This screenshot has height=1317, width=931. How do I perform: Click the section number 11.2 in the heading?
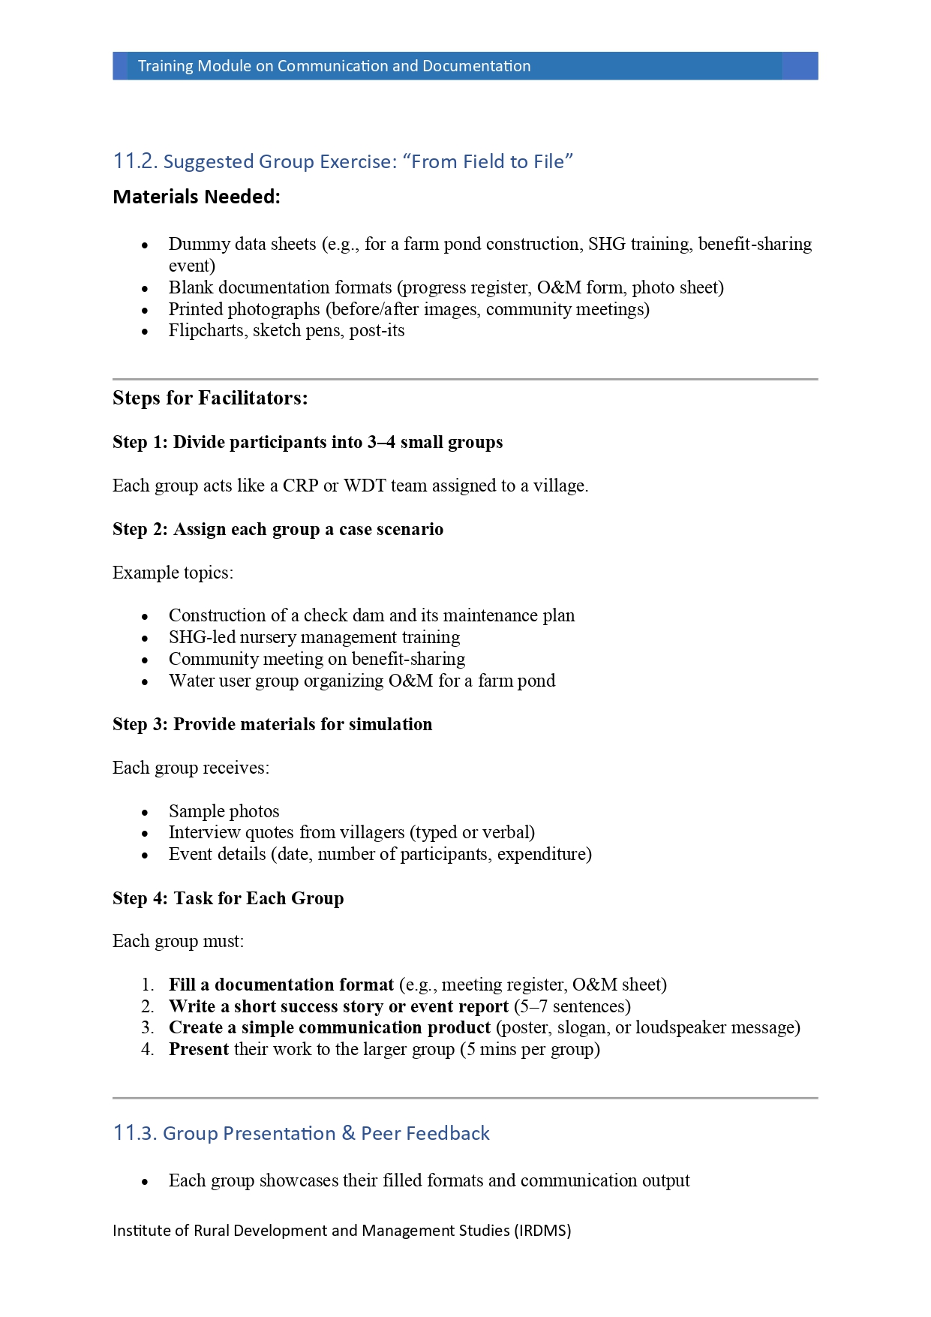pos(135,161)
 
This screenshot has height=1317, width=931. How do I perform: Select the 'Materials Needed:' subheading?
pos(196,197)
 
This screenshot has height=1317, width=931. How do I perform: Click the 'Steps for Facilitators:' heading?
pos(210,398)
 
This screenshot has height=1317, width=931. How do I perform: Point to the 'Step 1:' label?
pos(140,442)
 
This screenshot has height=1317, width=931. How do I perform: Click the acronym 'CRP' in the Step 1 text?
pos(300,486)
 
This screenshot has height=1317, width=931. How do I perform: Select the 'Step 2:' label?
pos(140,529)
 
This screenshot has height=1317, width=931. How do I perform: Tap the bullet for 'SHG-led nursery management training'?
pos(146,639)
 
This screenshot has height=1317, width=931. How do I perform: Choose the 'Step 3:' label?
pos(140,724)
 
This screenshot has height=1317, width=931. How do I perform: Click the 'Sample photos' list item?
pos(224,811)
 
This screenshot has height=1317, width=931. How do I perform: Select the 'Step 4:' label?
pos(140,898)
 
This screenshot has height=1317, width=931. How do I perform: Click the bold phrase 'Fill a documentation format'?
pos(281,985)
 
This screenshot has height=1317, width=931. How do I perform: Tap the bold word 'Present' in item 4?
pos(199,1049)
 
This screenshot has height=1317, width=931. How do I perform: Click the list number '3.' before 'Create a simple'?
pos(147,1027)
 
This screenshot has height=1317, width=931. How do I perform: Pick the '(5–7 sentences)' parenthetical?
pos(572,1006)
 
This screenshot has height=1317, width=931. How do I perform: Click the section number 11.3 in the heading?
pos(135,1133)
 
